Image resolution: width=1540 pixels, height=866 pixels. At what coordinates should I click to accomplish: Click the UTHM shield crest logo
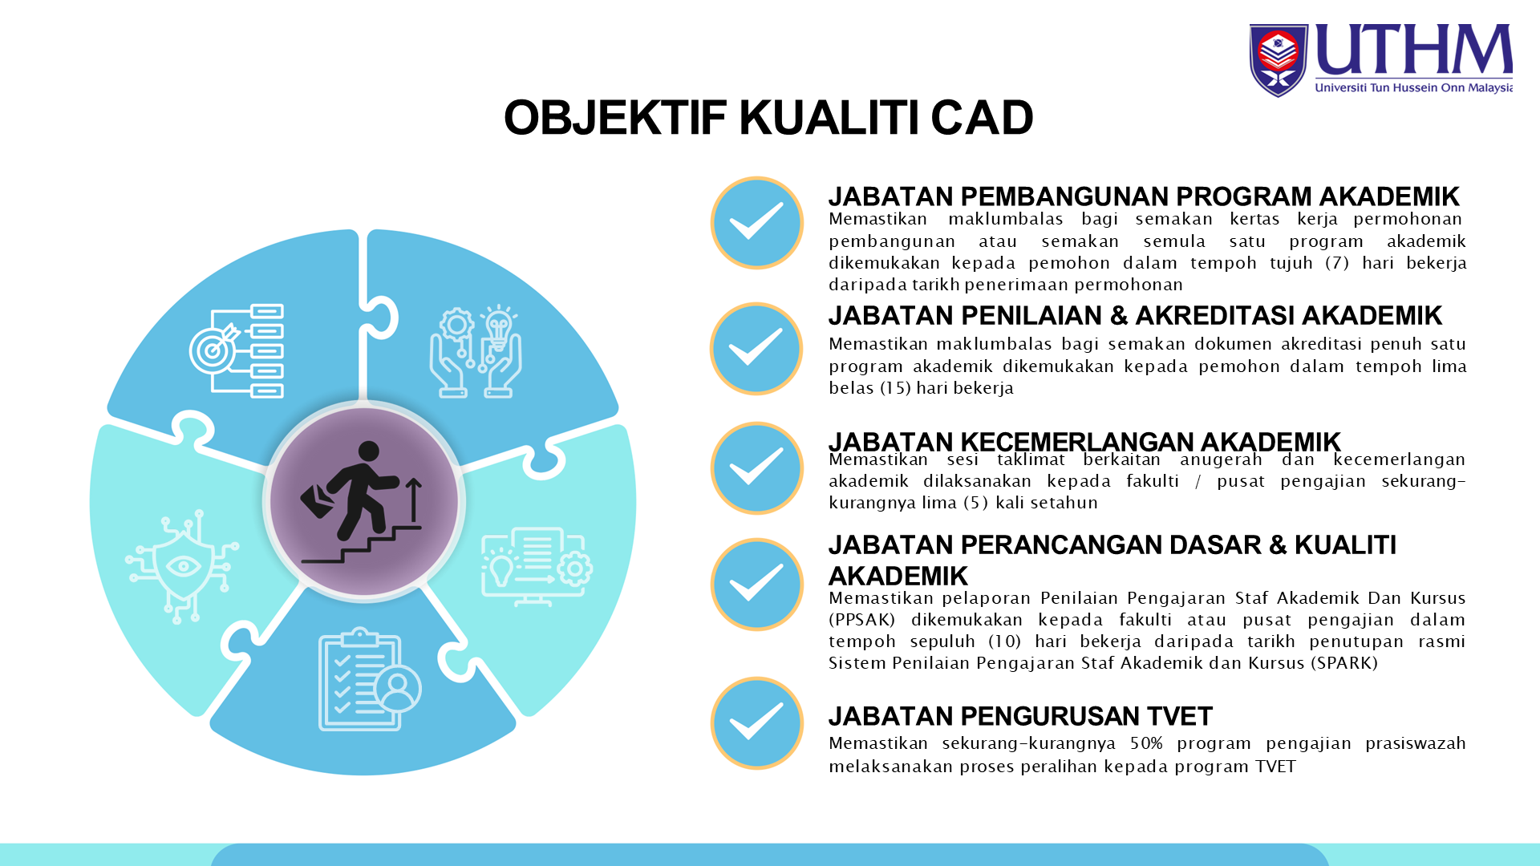[1279, 60]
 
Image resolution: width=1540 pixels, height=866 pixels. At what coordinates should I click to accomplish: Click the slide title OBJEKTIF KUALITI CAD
[768, 117]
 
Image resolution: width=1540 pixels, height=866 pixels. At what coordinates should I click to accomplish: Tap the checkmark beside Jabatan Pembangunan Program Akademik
[756, 222]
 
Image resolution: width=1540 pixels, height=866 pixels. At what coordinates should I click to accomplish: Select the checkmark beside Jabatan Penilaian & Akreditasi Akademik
[756, 349]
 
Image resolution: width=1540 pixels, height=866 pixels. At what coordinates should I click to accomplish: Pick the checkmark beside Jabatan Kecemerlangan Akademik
[756, 467]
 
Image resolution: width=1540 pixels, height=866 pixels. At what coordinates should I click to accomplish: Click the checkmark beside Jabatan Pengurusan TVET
[756, 722]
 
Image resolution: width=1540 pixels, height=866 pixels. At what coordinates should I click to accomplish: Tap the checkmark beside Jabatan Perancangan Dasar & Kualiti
[756, 584]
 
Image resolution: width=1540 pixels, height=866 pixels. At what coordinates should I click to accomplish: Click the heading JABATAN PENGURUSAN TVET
[1020, 716]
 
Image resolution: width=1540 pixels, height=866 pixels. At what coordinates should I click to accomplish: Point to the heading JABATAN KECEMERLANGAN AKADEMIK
[1084, 442]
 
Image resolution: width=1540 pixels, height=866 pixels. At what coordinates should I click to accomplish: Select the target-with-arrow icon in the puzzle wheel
[237, 350]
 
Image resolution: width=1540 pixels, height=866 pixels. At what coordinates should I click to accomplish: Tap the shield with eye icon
[182, 566]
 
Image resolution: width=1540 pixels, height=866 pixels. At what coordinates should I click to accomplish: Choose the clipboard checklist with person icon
[370, 679]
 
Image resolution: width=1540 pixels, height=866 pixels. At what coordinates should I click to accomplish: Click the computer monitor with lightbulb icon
[537, 566]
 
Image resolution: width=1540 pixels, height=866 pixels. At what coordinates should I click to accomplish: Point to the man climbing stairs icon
[362, 502]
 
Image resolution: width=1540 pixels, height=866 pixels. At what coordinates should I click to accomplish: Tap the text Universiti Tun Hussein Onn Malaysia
[1414, 87]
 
